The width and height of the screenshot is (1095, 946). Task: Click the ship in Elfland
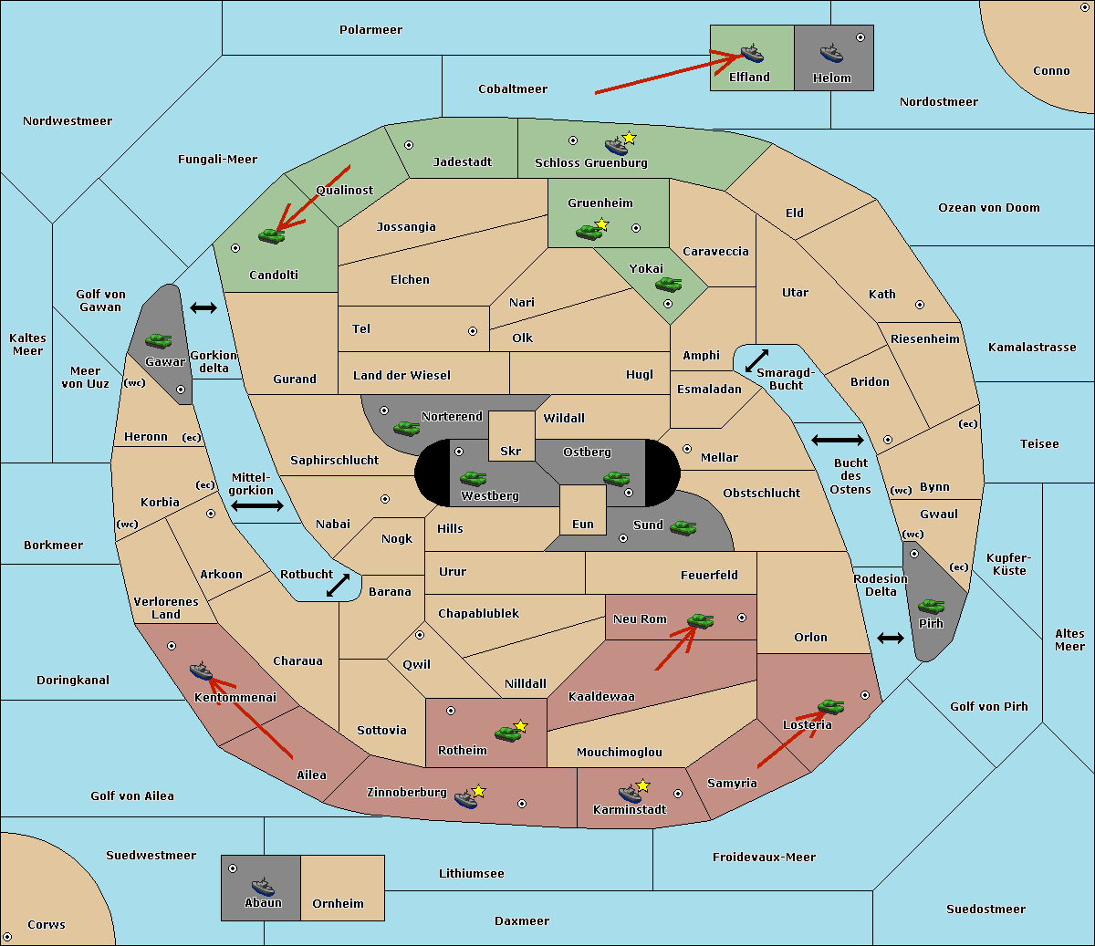[752, 53]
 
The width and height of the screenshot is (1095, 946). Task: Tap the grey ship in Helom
[831, 53]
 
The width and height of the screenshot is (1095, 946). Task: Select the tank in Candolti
[271, 235]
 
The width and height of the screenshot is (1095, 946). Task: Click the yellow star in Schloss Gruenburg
[629, 139]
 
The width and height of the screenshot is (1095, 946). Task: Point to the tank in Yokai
[668, 285]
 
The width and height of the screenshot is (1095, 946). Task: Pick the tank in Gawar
[159, 340]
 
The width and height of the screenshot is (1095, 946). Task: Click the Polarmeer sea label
[370, 30]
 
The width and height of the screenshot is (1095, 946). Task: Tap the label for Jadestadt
[463, 161]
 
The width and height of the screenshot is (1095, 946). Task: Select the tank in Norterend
[406, 429]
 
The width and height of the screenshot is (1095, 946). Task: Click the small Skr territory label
[511, 451]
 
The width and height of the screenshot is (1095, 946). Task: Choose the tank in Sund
[683, 527]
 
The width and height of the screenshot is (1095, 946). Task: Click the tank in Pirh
[931, 606]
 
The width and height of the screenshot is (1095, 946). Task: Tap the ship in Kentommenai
[202, 671]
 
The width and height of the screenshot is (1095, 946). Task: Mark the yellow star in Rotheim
[521, 725]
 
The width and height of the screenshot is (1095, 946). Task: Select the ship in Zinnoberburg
[466, 799]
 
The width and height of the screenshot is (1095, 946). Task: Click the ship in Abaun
[263, 886]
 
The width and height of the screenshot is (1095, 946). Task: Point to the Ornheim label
[338, 904]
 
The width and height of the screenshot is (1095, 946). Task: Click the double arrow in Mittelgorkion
[257, 506]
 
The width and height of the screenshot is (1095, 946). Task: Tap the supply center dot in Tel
[473, 331]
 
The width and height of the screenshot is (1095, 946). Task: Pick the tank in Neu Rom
[700, 620]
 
